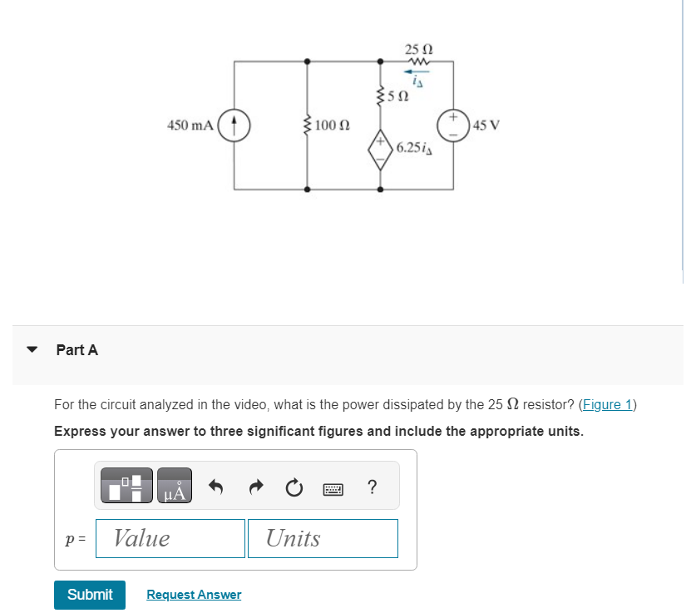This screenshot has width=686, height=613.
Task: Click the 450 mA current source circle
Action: tap(234, 126)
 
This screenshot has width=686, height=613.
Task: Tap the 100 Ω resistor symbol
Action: tap(308, 126)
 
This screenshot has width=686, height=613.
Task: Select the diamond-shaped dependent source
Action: tap(381, 151)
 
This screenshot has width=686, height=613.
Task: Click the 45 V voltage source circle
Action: tap(454, 126)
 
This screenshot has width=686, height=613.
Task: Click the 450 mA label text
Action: tap(190, 126)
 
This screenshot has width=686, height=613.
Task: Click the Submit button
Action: tap(90, 595)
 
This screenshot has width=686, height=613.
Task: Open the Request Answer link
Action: tap(194, 595)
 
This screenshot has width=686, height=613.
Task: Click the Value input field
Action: tap(170, 538)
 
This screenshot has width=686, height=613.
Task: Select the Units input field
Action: tap(322, 538)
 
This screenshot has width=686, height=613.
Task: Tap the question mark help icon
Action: tap(371, 487)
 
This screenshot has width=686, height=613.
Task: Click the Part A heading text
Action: tap(77, 350)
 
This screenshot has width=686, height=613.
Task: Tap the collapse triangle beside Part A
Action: tap(32, 350)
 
